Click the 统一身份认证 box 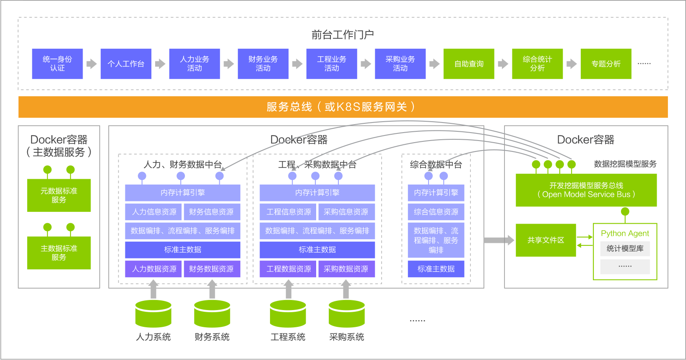pos(57,64)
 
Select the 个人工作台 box pos(126,64)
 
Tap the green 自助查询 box pos(468,64)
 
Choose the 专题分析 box pos(605,64)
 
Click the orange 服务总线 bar pos(343,107)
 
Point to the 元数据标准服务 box pos(59,195)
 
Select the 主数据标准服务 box pos(59,253)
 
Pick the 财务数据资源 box pos(211,269)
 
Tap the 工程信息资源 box pos(288,212)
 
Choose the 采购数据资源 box pos(346,269)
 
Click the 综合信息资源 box pos(436,212)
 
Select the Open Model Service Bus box pos(586,190)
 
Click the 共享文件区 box pos(546,240)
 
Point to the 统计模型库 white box pos(625,248)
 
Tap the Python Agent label pos(625,233)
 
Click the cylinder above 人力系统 pos(153,314)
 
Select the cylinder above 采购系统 pos(346,314)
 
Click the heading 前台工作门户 pos(343,34)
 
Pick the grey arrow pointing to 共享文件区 pos(499,240)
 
